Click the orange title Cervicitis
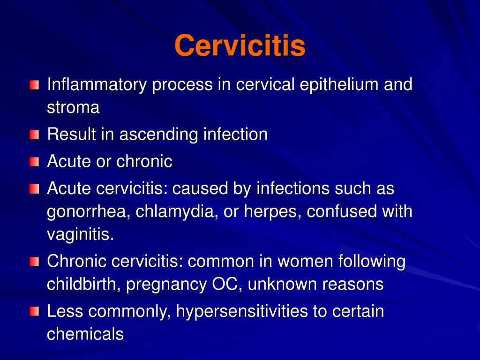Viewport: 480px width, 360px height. pyautogui.click(x=240, y=46)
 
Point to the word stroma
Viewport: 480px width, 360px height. pyautogui.click(x=73, y=108)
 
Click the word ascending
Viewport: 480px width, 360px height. pyautogui.click(x=159, y=135)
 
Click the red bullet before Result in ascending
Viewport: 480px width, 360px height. pyautogui.click(x=35, y=135)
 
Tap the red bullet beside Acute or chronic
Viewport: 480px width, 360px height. pyautogui.click(x=35, y=163)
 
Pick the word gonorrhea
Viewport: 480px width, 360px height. pyautogui.click(x=87, y=212)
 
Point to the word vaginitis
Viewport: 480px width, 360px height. pyautogui.click(x=80, y=234)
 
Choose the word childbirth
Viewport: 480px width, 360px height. pyautogui.click(x=84, y=284)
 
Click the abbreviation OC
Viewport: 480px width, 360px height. pyautogui.click(x=223, y=284)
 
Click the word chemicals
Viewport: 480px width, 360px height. pyautogui.click(x=85, y=334)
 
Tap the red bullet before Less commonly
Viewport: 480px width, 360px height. pyautogui.click(x=35, y=312)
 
